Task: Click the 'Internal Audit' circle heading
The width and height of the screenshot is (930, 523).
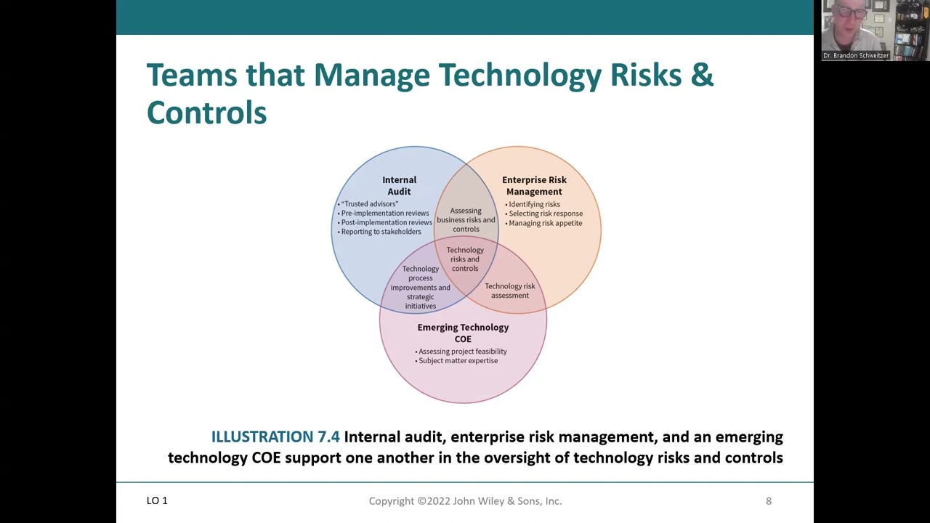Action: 400,185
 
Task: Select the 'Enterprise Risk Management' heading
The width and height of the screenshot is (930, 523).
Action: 534,185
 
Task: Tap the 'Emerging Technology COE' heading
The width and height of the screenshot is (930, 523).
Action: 463,333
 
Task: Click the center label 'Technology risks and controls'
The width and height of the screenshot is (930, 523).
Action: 465,259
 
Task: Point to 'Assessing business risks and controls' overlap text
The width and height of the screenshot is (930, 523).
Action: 466,220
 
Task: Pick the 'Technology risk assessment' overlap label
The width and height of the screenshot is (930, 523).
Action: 510,291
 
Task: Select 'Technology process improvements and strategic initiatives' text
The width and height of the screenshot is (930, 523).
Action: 420,287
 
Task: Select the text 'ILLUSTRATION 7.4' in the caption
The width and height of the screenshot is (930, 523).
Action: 275,437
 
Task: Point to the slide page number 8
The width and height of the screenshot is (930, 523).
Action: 769,501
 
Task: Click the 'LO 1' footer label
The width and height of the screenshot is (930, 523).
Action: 157,500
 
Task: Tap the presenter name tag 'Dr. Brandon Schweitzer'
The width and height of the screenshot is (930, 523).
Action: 856,55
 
